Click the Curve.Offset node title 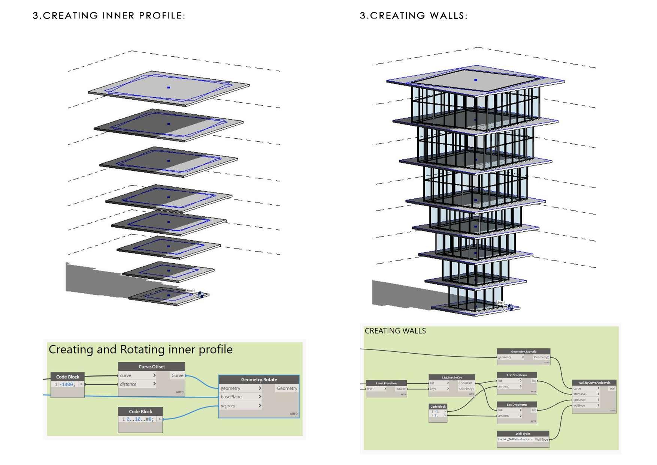point(151,367)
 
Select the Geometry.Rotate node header point(259,379)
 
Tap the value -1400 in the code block point(67,384)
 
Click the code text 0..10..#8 point(139,419)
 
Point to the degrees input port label point(228,406)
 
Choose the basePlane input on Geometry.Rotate point(231,397)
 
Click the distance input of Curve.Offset point(128,384)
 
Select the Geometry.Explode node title point(524,352)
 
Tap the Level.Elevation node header point(386,383)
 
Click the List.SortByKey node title point(452,378)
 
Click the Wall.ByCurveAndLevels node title point(594,383)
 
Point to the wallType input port point(579,405)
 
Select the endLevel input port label point(579,400)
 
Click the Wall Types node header point(523,434)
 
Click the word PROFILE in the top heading point(162,16)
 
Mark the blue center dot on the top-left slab point(169,87)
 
